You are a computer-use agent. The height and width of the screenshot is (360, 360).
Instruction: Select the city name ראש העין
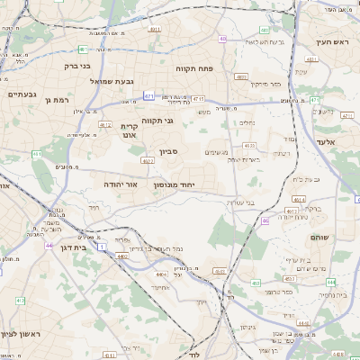point(331,42)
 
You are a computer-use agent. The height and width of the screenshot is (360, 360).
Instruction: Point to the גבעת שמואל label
point(112,81)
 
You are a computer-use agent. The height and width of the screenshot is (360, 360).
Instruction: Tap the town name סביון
point(170,152)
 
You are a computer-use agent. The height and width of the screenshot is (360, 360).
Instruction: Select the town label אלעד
point(326,142)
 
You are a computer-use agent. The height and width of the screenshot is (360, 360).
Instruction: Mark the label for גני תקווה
point(157,120)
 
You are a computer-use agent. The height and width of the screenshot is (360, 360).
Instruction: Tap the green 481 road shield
point(83,49)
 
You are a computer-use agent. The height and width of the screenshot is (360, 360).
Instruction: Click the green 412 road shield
point(105,125)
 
